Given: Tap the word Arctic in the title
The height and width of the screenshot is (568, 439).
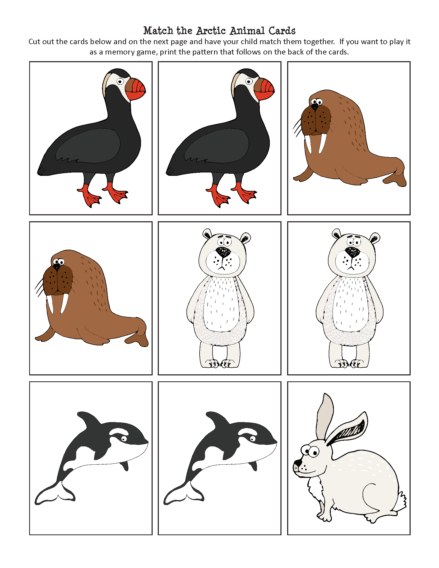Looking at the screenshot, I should coord(211,31).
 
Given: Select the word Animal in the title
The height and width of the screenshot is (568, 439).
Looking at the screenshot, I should coord(247,31).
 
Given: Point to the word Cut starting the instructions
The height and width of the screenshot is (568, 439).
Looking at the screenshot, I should coord(34,42).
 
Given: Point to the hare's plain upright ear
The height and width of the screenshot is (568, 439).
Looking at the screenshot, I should coord(324,416).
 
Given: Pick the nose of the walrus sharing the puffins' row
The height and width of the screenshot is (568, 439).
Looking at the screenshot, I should coord(315,107).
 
